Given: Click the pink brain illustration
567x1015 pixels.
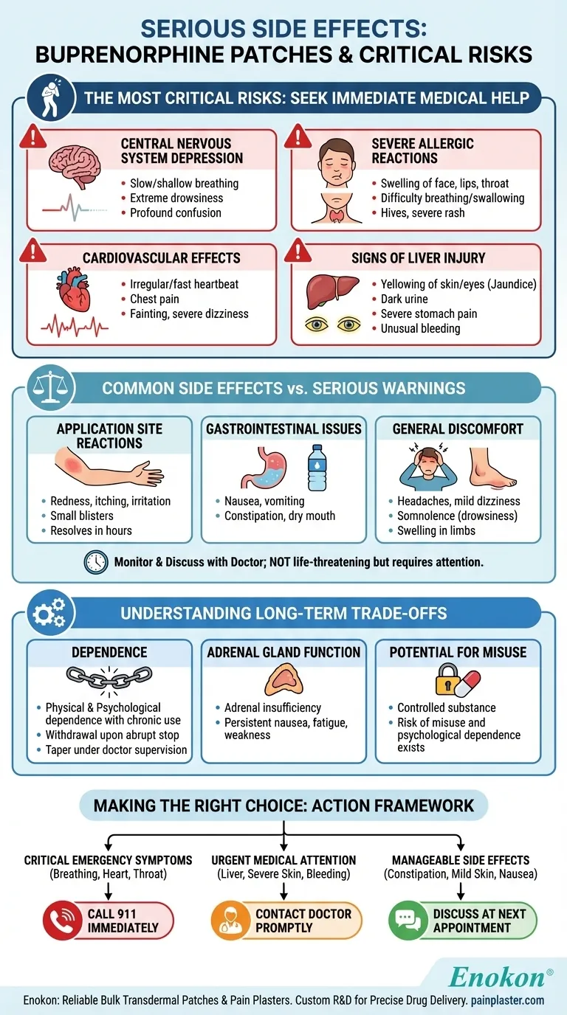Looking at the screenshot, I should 75,164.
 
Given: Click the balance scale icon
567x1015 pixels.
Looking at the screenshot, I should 47,388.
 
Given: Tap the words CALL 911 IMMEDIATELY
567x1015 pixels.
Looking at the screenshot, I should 123,921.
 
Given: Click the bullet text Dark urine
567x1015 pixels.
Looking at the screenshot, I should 404,299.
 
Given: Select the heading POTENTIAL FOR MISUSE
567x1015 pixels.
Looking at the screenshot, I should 458,652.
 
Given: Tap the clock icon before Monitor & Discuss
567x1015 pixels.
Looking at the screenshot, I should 96,562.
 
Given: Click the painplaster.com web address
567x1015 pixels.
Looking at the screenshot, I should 509,1000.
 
